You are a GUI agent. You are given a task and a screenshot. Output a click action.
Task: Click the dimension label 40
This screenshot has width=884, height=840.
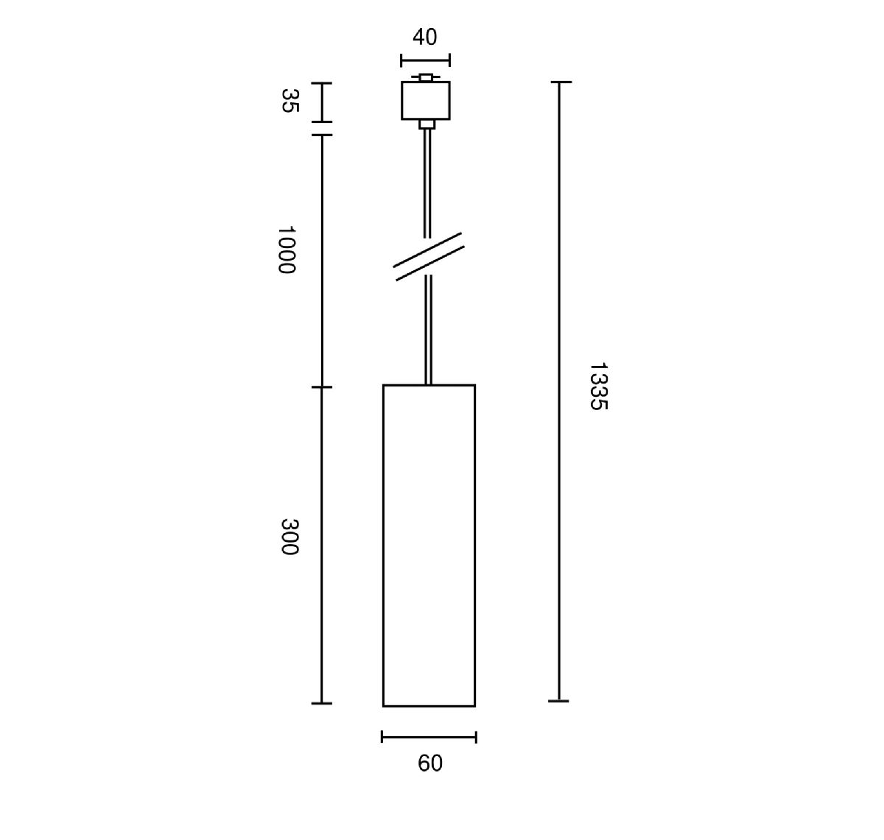[x=425, y=37]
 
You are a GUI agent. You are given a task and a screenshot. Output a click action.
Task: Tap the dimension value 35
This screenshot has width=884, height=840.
[x=290, y=101]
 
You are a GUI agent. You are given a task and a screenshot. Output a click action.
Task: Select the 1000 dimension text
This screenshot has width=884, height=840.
[x=287, y=250]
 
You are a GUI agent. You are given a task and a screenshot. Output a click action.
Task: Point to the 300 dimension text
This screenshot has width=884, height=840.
[x=289, y=537]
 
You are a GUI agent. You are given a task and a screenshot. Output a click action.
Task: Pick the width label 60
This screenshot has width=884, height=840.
[x=430, y=763]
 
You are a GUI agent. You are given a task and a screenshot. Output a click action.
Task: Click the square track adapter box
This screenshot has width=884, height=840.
[x=426, y=100]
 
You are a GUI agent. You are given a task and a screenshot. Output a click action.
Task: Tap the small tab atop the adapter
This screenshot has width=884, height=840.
[x=426, y=77]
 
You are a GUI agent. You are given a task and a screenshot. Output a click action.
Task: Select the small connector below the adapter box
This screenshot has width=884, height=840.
[x=427, y=124]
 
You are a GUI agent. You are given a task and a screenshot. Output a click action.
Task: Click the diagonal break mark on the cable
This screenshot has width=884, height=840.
[x=429, y=257]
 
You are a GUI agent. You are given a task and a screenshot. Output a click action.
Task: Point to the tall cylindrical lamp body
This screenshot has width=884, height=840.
[x=429, y=545]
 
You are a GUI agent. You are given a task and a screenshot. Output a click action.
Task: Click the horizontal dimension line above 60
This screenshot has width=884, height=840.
[x=429, y=736]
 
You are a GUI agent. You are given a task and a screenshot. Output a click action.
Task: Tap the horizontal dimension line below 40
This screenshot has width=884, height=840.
[x=425, y=60]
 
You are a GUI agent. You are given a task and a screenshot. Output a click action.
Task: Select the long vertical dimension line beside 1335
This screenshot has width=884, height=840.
[x=559, y=390]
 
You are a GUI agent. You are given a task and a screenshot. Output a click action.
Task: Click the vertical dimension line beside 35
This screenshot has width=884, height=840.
[x=322, y=102]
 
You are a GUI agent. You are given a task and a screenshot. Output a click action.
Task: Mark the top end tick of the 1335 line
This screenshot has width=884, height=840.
[x=560, y=82]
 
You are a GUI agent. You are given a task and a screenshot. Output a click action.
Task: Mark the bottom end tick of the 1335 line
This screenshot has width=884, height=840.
[x=559, y=701]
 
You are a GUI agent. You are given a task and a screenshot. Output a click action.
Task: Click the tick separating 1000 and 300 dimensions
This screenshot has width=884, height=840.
[x=322, y=387]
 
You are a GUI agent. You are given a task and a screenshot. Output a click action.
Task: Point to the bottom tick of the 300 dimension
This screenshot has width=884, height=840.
[x=322, y=703]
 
